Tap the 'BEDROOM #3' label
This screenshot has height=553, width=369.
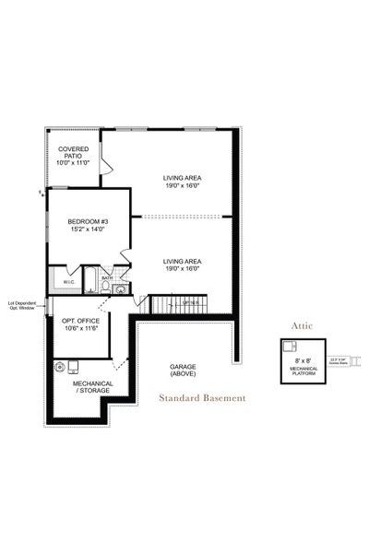tap(89, 221)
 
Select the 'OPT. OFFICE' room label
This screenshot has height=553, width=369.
tap(80, 323)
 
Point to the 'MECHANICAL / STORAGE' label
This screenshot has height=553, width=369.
tap(92, 386)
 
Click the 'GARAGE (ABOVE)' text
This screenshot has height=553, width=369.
tap(183, 370)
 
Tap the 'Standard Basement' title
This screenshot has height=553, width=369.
tap(202, 398)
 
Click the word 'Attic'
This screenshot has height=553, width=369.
tap(304, 325)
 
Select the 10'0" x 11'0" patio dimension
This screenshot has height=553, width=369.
tap(73, 162)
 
